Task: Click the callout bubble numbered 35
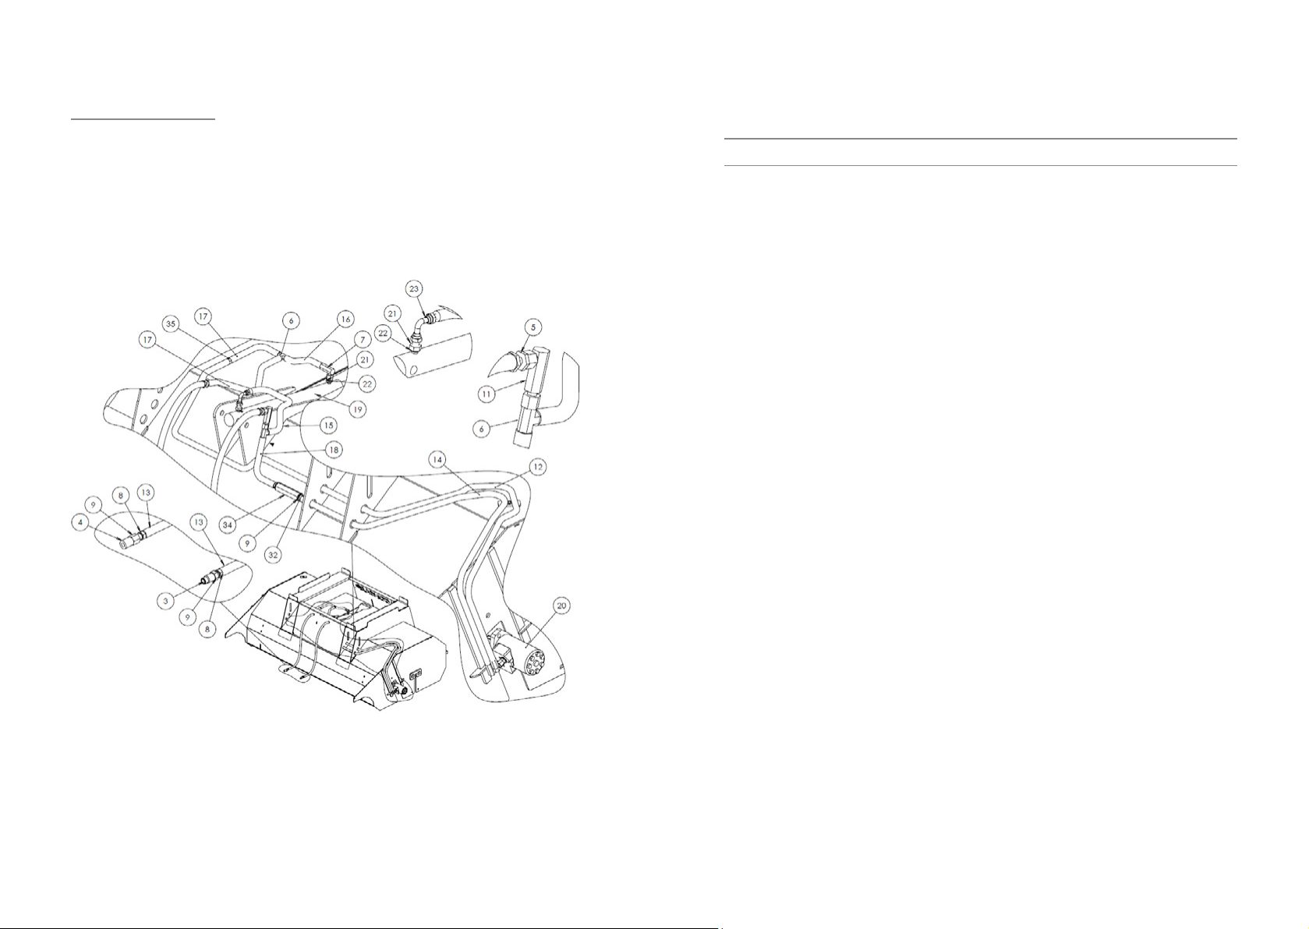(172, 322)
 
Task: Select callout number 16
(345, 319)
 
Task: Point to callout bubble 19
(358, 408)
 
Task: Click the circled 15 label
(330, 426)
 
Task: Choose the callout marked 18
(333, 450)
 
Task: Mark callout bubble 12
(537, 467)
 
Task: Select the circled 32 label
(273, 556)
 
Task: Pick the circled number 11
(487, 395)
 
